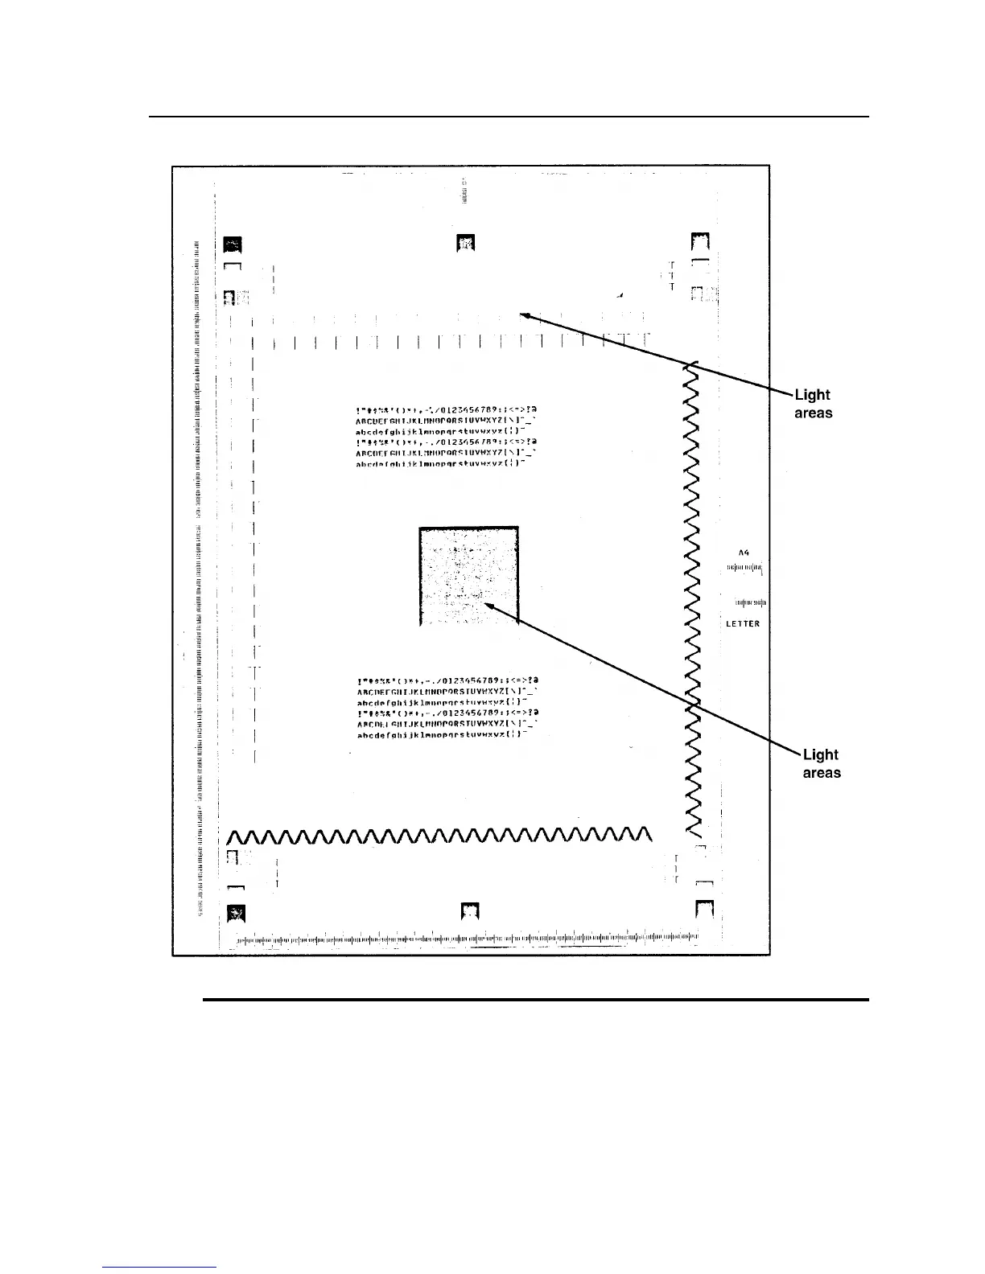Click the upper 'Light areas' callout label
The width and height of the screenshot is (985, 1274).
(x=813, y=404)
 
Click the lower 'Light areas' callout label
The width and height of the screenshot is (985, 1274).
(x=821, y=763)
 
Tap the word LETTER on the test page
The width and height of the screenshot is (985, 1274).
(x=743, y=624)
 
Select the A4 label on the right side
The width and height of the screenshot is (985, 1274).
(x=744, y=553)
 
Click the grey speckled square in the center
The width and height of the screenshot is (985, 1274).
(x=468, y=576)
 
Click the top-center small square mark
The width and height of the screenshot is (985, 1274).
(x=466, y=241)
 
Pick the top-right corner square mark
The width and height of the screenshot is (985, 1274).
(x=701, y=242)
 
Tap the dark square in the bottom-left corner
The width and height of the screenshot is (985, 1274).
(x=236, y=912)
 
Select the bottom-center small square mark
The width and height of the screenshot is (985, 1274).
(x=471, y=910)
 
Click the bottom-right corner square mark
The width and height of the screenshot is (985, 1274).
(x=705, y=910)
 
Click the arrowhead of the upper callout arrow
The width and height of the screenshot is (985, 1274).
(x=524, y=315)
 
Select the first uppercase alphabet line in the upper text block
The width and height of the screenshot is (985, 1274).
(x=447, y=420)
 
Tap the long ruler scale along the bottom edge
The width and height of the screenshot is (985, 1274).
(x=467, y=938)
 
